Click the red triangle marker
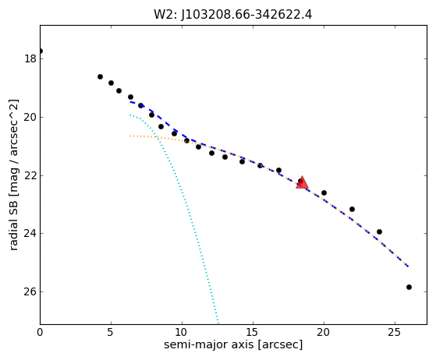(303, 182)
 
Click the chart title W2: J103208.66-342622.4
(232, 15)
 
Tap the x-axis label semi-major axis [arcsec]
(233, 344)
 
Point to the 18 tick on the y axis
(30, 59)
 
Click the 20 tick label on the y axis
(30, 117)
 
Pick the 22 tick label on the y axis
(30, 175)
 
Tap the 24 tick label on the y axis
(30, 233)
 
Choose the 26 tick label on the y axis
(30, 291)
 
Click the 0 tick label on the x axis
(40, 332)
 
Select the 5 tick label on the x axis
(111, 332)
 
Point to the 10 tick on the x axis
(182, 332)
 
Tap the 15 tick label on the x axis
(253, 332)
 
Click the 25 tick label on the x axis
(395, 332)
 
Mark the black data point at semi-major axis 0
(41, 51)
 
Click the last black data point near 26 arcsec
(409, 288)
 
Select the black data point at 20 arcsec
(324, 192)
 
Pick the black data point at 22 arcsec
(352, 209)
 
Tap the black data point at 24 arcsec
(379, 231)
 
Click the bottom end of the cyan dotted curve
(218, 323)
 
